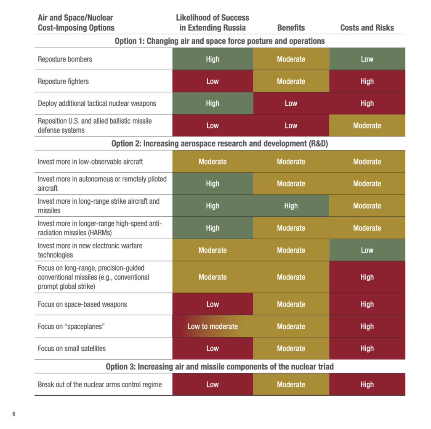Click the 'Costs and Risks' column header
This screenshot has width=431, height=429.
367,28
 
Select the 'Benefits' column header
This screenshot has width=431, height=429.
291,28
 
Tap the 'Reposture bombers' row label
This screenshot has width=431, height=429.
65,59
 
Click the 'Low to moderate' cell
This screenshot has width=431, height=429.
213,326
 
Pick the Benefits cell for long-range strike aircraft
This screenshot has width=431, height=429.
291,206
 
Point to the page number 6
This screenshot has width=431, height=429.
14,414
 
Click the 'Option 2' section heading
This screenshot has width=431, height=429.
220,144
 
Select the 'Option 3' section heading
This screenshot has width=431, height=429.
220,367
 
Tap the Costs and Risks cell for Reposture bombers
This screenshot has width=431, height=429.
367,59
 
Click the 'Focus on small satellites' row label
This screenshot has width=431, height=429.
72,349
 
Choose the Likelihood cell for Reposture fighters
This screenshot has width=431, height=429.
213,81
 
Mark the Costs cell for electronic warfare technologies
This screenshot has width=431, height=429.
367,250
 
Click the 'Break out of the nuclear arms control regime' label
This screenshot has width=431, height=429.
100,384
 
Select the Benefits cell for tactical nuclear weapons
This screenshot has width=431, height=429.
291,104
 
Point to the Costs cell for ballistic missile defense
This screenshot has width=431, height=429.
367,125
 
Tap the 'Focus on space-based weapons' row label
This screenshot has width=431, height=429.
82,304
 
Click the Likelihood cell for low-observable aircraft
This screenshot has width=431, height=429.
213,161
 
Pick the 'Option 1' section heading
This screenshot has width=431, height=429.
220,41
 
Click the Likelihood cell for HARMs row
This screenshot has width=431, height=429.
213,228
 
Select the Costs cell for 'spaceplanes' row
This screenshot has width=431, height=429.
367,326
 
